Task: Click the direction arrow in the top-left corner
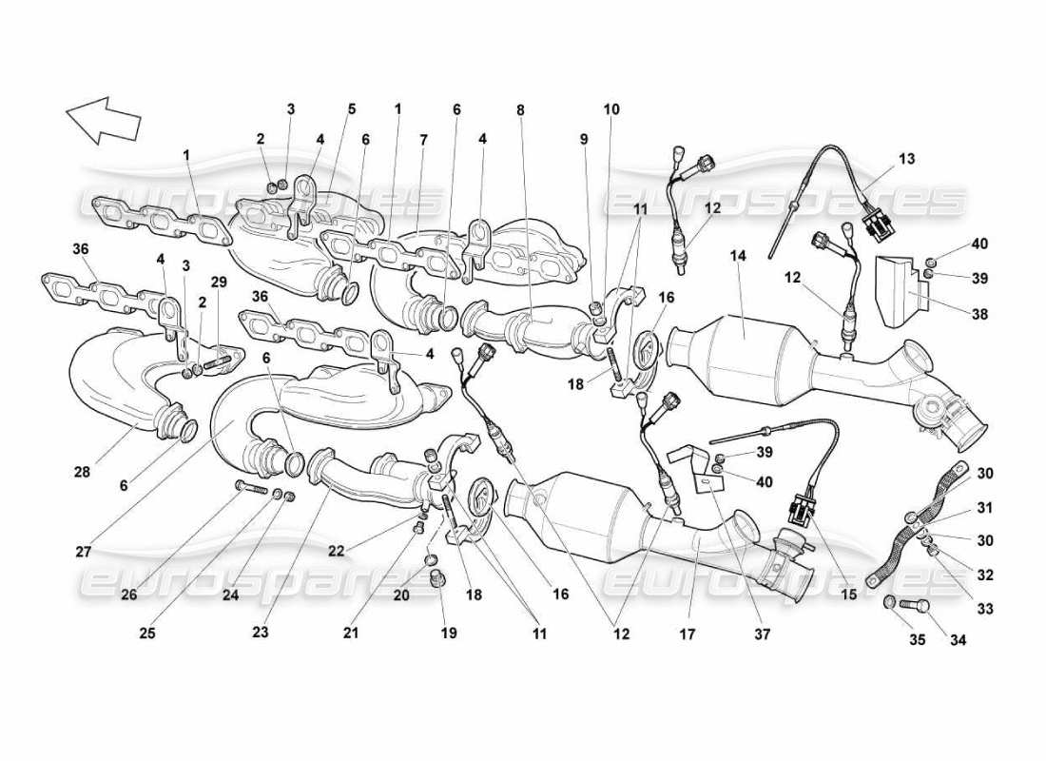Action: (103, 120)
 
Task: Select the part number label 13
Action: (906, 159)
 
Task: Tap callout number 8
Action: (521, 109)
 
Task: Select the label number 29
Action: (220, 282)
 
